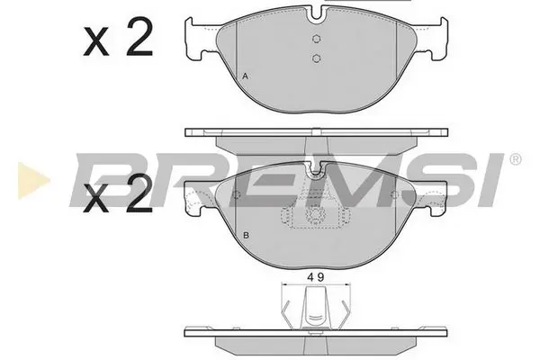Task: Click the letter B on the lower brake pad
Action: pos(246,237)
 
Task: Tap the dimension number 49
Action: pos(315,277)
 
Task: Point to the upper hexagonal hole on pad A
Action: pos(316,40)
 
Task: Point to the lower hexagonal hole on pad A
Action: pos(316,58)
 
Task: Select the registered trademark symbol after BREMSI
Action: pos(515,158)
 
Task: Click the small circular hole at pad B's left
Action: pos(236,194)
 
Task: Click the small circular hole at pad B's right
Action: pos(395,194)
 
